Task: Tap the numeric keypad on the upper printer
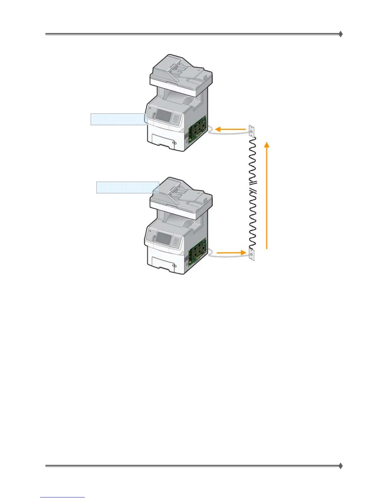click(176, 119)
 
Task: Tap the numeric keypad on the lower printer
click(176, 241)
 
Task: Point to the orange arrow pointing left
click(230, 129)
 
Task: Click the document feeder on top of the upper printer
click(181, 71)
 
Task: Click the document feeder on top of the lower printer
click(181, 194)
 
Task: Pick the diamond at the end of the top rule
click(341, 34)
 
